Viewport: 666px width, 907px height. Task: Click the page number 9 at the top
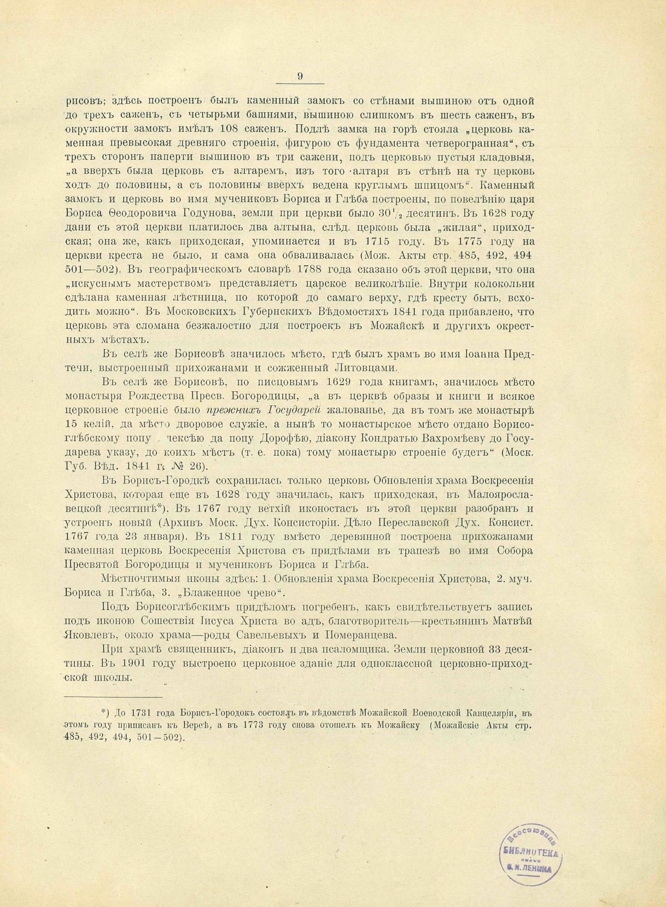[x=300, y=77]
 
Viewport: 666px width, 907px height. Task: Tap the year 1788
[x=314, y=270]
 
